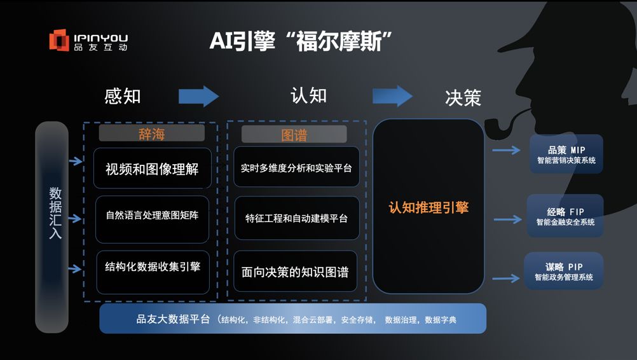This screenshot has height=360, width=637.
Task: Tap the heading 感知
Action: (x=122, y=96)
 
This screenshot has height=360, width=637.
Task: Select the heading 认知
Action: (x=308, y=95)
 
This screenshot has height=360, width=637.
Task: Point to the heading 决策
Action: (x=463, y=97)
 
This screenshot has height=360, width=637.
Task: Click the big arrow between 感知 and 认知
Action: (x=198, y=97)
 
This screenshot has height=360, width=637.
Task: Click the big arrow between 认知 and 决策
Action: (x=392, y=96)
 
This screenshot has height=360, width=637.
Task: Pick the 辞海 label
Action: (x=151, y=134)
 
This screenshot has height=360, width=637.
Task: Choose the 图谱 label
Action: (x=294, y=135)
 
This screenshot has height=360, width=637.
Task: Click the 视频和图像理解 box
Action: (x=152, y=169)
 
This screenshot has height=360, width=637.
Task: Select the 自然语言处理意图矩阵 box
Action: (x=152, y=216)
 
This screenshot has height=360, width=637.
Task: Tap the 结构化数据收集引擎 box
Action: (x=152, y=267)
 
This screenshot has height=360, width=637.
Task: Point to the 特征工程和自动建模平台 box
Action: (x=296, y=218)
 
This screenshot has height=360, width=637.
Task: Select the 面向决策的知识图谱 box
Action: (x=296, y=272)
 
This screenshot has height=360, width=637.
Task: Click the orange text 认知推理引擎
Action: (x=428, y=207)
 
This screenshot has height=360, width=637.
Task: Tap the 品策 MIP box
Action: (x=566, y=155)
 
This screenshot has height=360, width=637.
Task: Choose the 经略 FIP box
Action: (x=565, y=216)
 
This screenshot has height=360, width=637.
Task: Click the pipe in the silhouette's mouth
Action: (x=502, y=125)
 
